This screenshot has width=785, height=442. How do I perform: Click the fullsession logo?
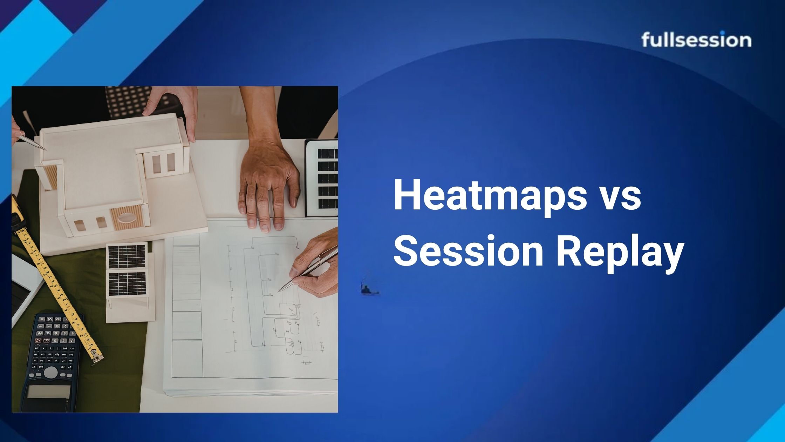click(696, 40)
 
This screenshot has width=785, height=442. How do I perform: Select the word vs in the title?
click(622, 199)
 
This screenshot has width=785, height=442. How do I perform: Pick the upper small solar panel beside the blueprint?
click(127, 256)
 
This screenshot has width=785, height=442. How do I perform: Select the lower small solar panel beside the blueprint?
click(127, 284)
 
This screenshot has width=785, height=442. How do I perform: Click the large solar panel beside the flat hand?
click(322, 178)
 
